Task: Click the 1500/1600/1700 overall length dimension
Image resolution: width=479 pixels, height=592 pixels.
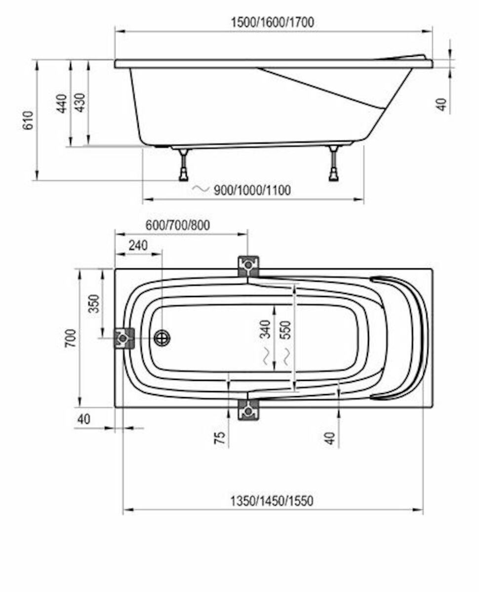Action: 272,22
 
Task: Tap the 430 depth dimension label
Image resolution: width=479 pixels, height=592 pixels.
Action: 80,103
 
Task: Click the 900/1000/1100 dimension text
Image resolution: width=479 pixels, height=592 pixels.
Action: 252,190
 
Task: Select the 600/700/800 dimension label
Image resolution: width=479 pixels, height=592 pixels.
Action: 177,225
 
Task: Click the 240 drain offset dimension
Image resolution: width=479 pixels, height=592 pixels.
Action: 138,245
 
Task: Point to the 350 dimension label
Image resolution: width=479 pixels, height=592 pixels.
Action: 94,303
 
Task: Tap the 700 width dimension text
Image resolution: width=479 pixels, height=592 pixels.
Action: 71,338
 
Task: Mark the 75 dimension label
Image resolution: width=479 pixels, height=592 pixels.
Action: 220,437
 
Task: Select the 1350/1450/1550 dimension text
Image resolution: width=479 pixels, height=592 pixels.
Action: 272,501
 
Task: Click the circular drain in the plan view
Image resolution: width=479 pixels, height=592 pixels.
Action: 162,338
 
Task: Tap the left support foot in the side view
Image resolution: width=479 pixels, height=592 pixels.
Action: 184,165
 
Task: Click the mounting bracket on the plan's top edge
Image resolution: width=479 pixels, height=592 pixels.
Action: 248,266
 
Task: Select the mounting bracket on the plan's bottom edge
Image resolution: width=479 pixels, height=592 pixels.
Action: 248,409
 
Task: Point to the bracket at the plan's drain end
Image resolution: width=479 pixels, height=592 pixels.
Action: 123,338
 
